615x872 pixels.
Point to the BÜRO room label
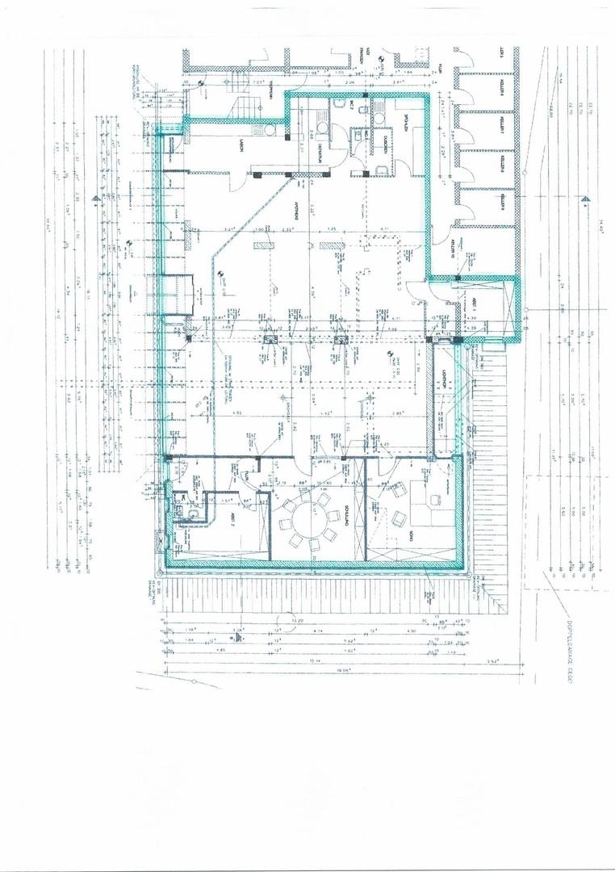[x=410, y=535]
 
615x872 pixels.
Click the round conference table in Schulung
[x=307, y=520]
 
